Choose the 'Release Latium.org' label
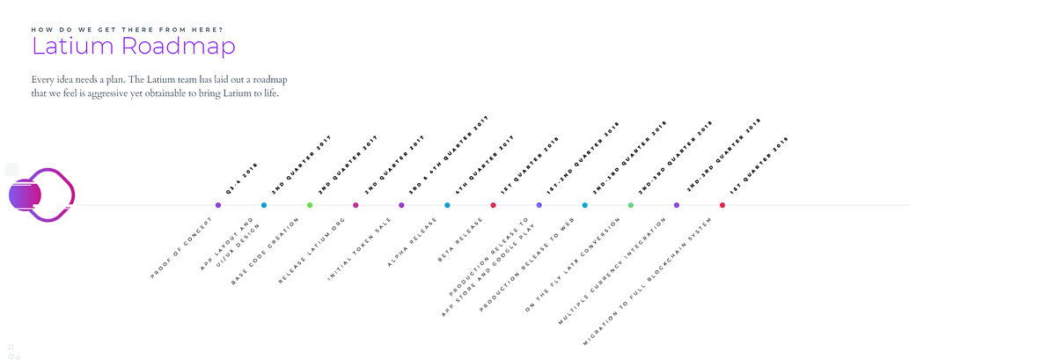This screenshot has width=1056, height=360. pyautogui.click(x=312, y=251)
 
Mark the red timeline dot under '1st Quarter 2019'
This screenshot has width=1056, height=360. pyautogui.click(x=722, y=205)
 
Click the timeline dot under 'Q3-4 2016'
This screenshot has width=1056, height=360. pyautogui.click(x=218, y=205)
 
